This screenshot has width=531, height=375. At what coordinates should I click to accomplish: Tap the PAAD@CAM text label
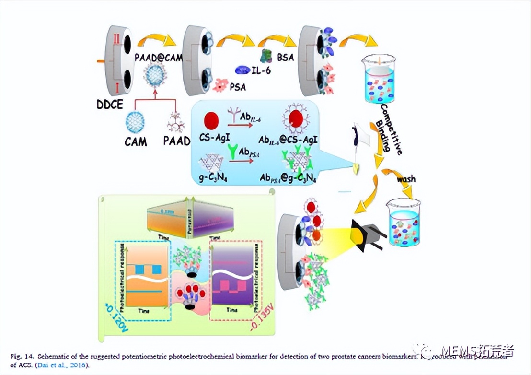[x=159, y=58]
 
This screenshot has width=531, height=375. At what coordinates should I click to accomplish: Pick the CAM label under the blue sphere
[x=135, y=142]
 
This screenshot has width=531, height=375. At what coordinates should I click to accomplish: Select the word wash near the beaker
[x=405, y=179]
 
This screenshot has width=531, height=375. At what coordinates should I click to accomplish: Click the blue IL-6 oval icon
[x=243, y=71]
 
